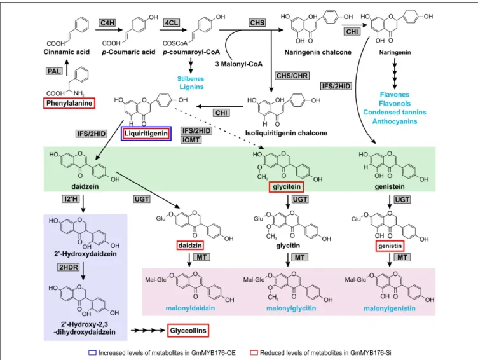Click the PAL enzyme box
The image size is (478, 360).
tap(55, 71)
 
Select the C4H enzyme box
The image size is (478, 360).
tap(107, 22)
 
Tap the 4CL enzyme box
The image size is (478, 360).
tap(172, 22)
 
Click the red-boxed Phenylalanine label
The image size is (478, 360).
tap(69, 103)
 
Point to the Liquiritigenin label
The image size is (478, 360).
tap(146, 134)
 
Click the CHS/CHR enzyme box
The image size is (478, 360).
tap(292, 75)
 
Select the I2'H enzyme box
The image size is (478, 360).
tap(71, 199)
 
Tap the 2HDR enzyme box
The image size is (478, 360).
tap(69, 267)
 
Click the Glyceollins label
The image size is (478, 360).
tap(188, 331)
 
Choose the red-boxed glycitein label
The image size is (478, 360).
tap(287, 187)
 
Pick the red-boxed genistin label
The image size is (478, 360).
tap(390, 246)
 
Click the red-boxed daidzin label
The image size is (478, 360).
tap(190, 246)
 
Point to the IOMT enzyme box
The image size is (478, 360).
tap(191, 140)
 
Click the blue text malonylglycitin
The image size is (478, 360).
tap(291, 308)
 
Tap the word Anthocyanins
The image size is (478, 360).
tap(395, 121)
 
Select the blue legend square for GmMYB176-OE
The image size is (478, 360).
tap(92, 353)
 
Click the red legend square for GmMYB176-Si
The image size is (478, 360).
tap(254, 353)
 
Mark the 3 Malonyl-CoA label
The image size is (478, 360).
tap(239, 64)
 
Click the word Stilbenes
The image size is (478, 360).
tap(191, 78)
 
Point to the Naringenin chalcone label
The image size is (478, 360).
tap(318, 52)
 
